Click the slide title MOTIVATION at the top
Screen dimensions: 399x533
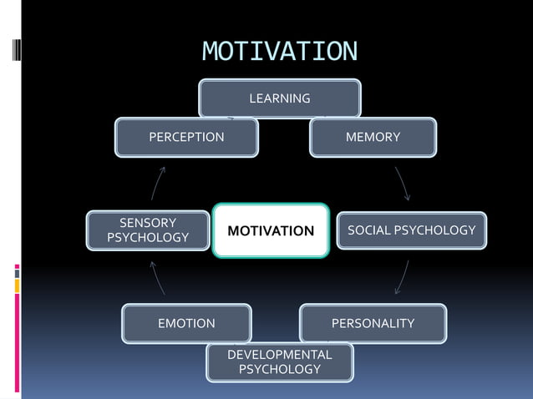tap(279, 52)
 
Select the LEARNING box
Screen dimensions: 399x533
tap(279, 98)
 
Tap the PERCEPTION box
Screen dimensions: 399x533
tap(186, 137)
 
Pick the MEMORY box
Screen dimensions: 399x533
tap(373, 137)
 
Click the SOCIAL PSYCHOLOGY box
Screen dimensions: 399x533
tap(411, 230)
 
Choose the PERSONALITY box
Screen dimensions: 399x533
tap(373, 323)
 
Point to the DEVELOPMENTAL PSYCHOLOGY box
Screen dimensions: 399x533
tap(279, 361)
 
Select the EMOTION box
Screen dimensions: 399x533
tap(186, 323)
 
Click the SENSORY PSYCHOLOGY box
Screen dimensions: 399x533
tap(148, 230)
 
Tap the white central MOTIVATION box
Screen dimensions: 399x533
tap(272, 230)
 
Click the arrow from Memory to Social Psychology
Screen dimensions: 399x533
tap(402, 183)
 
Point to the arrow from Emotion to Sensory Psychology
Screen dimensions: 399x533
tap(158, 277)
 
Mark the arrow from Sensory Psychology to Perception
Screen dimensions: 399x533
tap(158, 183)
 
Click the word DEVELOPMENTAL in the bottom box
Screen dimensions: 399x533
tap(279, 354)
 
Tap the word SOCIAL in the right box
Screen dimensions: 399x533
tap(368, 230)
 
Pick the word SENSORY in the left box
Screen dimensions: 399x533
tap(148, 223)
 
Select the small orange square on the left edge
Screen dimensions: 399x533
tap(17, 285)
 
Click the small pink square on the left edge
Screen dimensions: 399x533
tap(17, 267)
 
